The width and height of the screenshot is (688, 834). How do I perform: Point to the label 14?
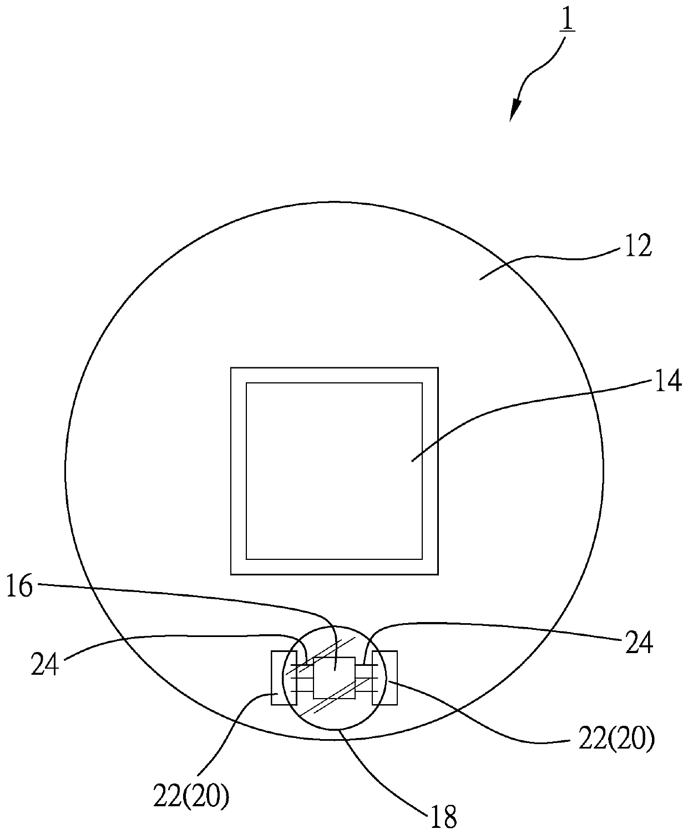click(x=667, y=383)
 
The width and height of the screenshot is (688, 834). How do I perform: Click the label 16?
click(x=20, y=587)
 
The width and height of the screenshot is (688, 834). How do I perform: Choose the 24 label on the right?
click(x=639, y=644)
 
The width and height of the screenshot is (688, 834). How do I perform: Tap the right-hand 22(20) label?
click(x=616, y=740)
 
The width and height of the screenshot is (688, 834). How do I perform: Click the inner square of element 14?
click(x=334, y=471)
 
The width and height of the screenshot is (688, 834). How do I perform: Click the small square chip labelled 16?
click(x=334, y=678)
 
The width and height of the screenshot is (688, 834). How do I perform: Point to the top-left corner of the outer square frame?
click(x=231, y=368)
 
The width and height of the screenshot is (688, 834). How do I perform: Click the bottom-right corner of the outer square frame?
click(x=438, y=574)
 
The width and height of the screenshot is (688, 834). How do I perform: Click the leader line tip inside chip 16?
click(x=335, y=670)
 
